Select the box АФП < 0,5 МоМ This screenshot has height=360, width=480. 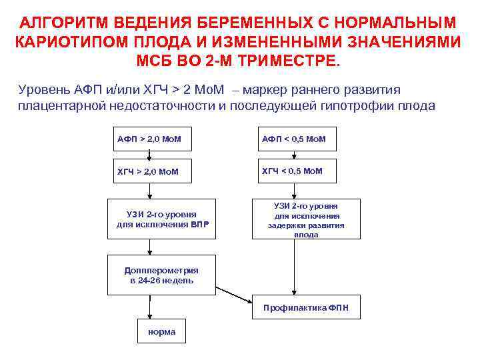point(294,139)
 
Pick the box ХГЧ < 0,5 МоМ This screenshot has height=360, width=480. point(294,171)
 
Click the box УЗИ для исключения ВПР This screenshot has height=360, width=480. point(162,219)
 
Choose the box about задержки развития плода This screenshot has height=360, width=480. point(306,219)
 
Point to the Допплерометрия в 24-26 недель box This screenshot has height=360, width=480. point(162,275)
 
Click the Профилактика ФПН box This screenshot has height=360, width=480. point(306,307)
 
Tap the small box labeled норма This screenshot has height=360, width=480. point(161,331)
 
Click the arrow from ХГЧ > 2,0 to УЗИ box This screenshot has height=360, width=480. point(149,191)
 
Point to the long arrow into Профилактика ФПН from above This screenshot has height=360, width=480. point(294,267)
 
